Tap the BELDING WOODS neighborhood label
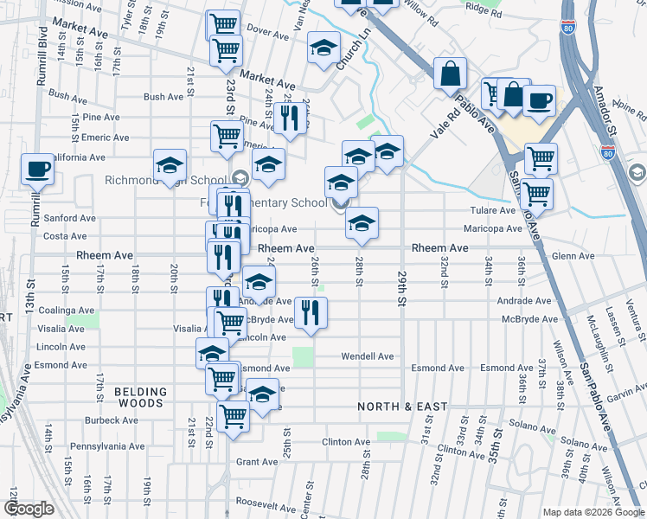pos(139,398)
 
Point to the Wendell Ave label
pos(368,356)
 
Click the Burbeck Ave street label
pos(112,420)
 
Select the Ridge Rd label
pos(484,14)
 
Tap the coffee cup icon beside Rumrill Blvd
pos(38,170)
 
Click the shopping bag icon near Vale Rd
pos(451,74)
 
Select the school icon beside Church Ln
pos(324,48)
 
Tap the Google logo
pos(29,509)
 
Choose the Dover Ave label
pos(267,28)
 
